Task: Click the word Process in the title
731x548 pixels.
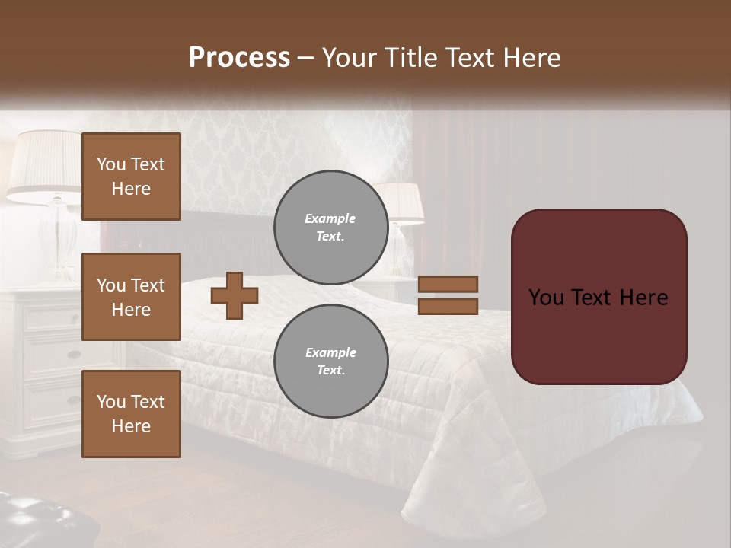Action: (239, 58)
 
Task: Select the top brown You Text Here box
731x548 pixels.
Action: (131, 177)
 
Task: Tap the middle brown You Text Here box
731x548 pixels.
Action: (131, 297)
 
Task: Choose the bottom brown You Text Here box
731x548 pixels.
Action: (131, 414)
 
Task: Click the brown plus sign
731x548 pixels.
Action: (234, 295)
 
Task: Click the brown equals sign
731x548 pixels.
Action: (448, 295)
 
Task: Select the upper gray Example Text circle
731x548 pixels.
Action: (330, 227)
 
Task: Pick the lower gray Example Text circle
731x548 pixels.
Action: (330, 361)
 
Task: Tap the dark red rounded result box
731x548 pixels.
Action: (599, 297)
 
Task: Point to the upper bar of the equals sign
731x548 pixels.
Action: (448, 284)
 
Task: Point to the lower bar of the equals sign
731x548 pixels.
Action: (448, 306)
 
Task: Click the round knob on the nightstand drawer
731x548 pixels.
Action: (73, 355)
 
